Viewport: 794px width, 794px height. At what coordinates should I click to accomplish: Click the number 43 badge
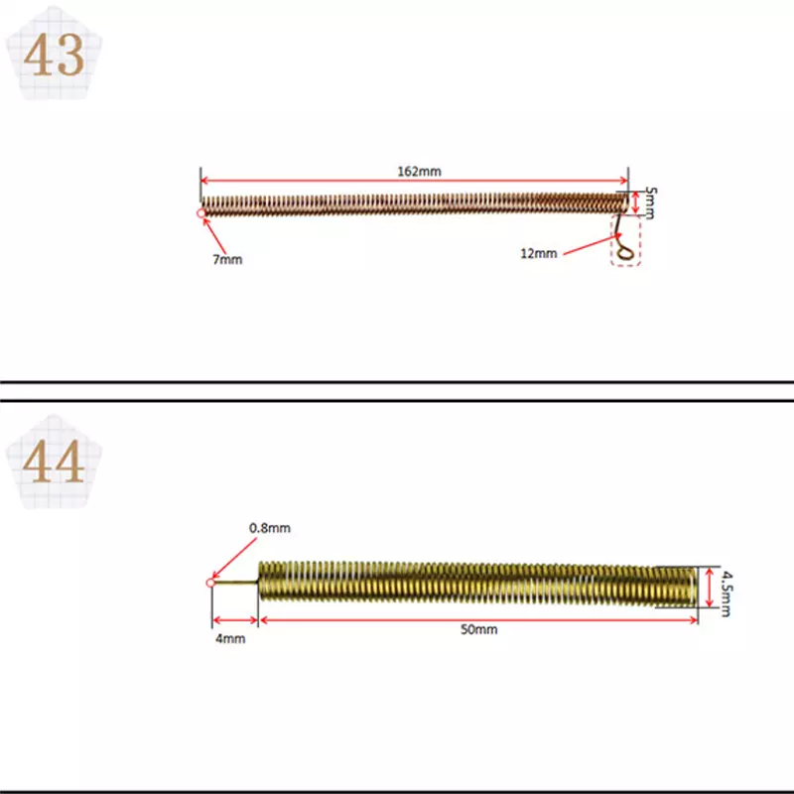point(54,54)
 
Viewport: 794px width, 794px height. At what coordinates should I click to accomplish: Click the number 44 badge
point(54,462)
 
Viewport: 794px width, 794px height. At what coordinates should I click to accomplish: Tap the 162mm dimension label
point(419,171)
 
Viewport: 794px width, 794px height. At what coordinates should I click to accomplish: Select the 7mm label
point(227,259)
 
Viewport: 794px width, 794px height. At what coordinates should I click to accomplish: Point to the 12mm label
point(538,253)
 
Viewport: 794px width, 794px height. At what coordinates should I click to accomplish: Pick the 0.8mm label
point(269,528)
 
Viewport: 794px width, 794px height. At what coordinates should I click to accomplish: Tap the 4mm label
point(230,638)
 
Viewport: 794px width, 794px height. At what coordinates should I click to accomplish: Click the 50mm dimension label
point(478,629)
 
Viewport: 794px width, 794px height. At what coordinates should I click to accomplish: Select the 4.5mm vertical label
point(727,594)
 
